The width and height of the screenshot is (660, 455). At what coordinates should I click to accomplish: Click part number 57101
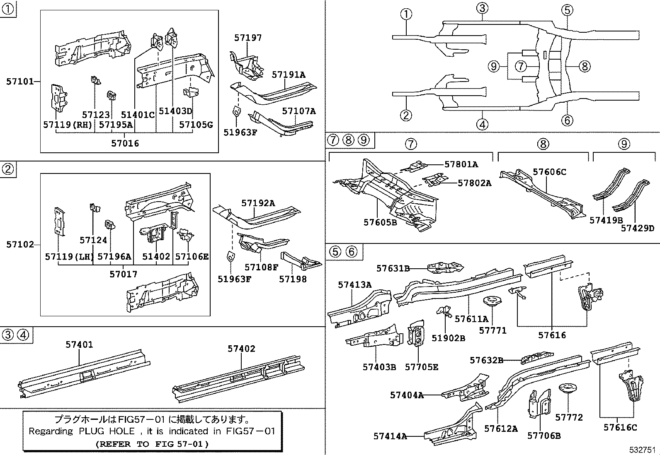click(x=19, y=82)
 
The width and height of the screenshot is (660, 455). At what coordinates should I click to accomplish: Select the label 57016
click(x=125, y=143)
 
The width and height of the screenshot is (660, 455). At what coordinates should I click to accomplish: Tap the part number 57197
click(x=248, y=38)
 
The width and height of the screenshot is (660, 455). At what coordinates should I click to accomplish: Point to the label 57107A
click(x=299, y=111)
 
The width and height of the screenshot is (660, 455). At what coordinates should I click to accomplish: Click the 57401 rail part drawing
click(x=83, y=373)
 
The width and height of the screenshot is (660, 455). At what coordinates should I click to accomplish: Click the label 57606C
click(x=549, y=171)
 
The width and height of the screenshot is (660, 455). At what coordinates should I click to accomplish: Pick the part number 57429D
click(x=637, y=228)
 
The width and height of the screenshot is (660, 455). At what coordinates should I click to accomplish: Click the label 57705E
click(x=421, y=367)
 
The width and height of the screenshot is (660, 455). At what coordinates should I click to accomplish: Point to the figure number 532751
click(x=642, y=450)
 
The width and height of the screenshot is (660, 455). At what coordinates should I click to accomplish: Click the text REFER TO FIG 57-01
click(x=152, y=444)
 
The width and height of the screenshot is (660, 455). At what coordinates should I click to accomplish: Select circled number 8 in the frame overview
click(x=584, y=66)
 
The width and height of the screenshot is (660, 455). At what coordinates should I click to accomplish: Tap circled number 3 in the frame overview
click(x=482, y=8)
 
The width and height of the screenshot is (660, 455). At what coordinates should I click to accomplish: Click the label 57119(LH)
click(x=69, y=257)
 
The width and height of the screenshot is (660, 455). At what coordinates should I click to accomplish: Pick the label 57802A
click(x=474, y=183)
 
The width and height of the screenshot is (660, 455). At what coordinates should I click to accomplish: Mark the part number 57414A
click(x=390, y=436)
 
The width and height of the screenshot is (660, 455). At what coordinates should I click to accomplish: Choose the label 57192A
click(x=258, y=203)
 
